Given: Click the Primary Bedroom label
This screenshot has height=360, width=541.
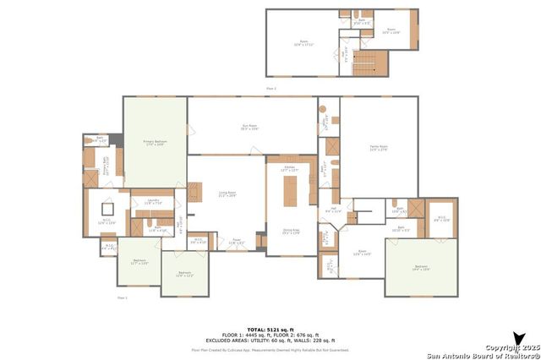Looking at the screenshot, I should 154,143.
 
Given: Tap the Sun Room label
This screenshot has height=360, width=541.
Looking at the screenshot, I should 249,128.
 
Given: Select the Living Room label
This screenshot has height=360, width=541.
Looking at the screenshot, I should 227,194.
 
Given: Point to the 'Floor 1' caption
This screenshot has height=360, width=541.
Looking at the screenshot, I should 123,297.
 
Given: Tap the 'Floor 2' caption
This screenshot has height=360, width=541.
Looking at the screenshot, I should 271,88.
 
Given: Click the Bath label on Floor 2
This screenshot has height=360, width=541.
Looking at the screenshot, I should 361,20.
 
